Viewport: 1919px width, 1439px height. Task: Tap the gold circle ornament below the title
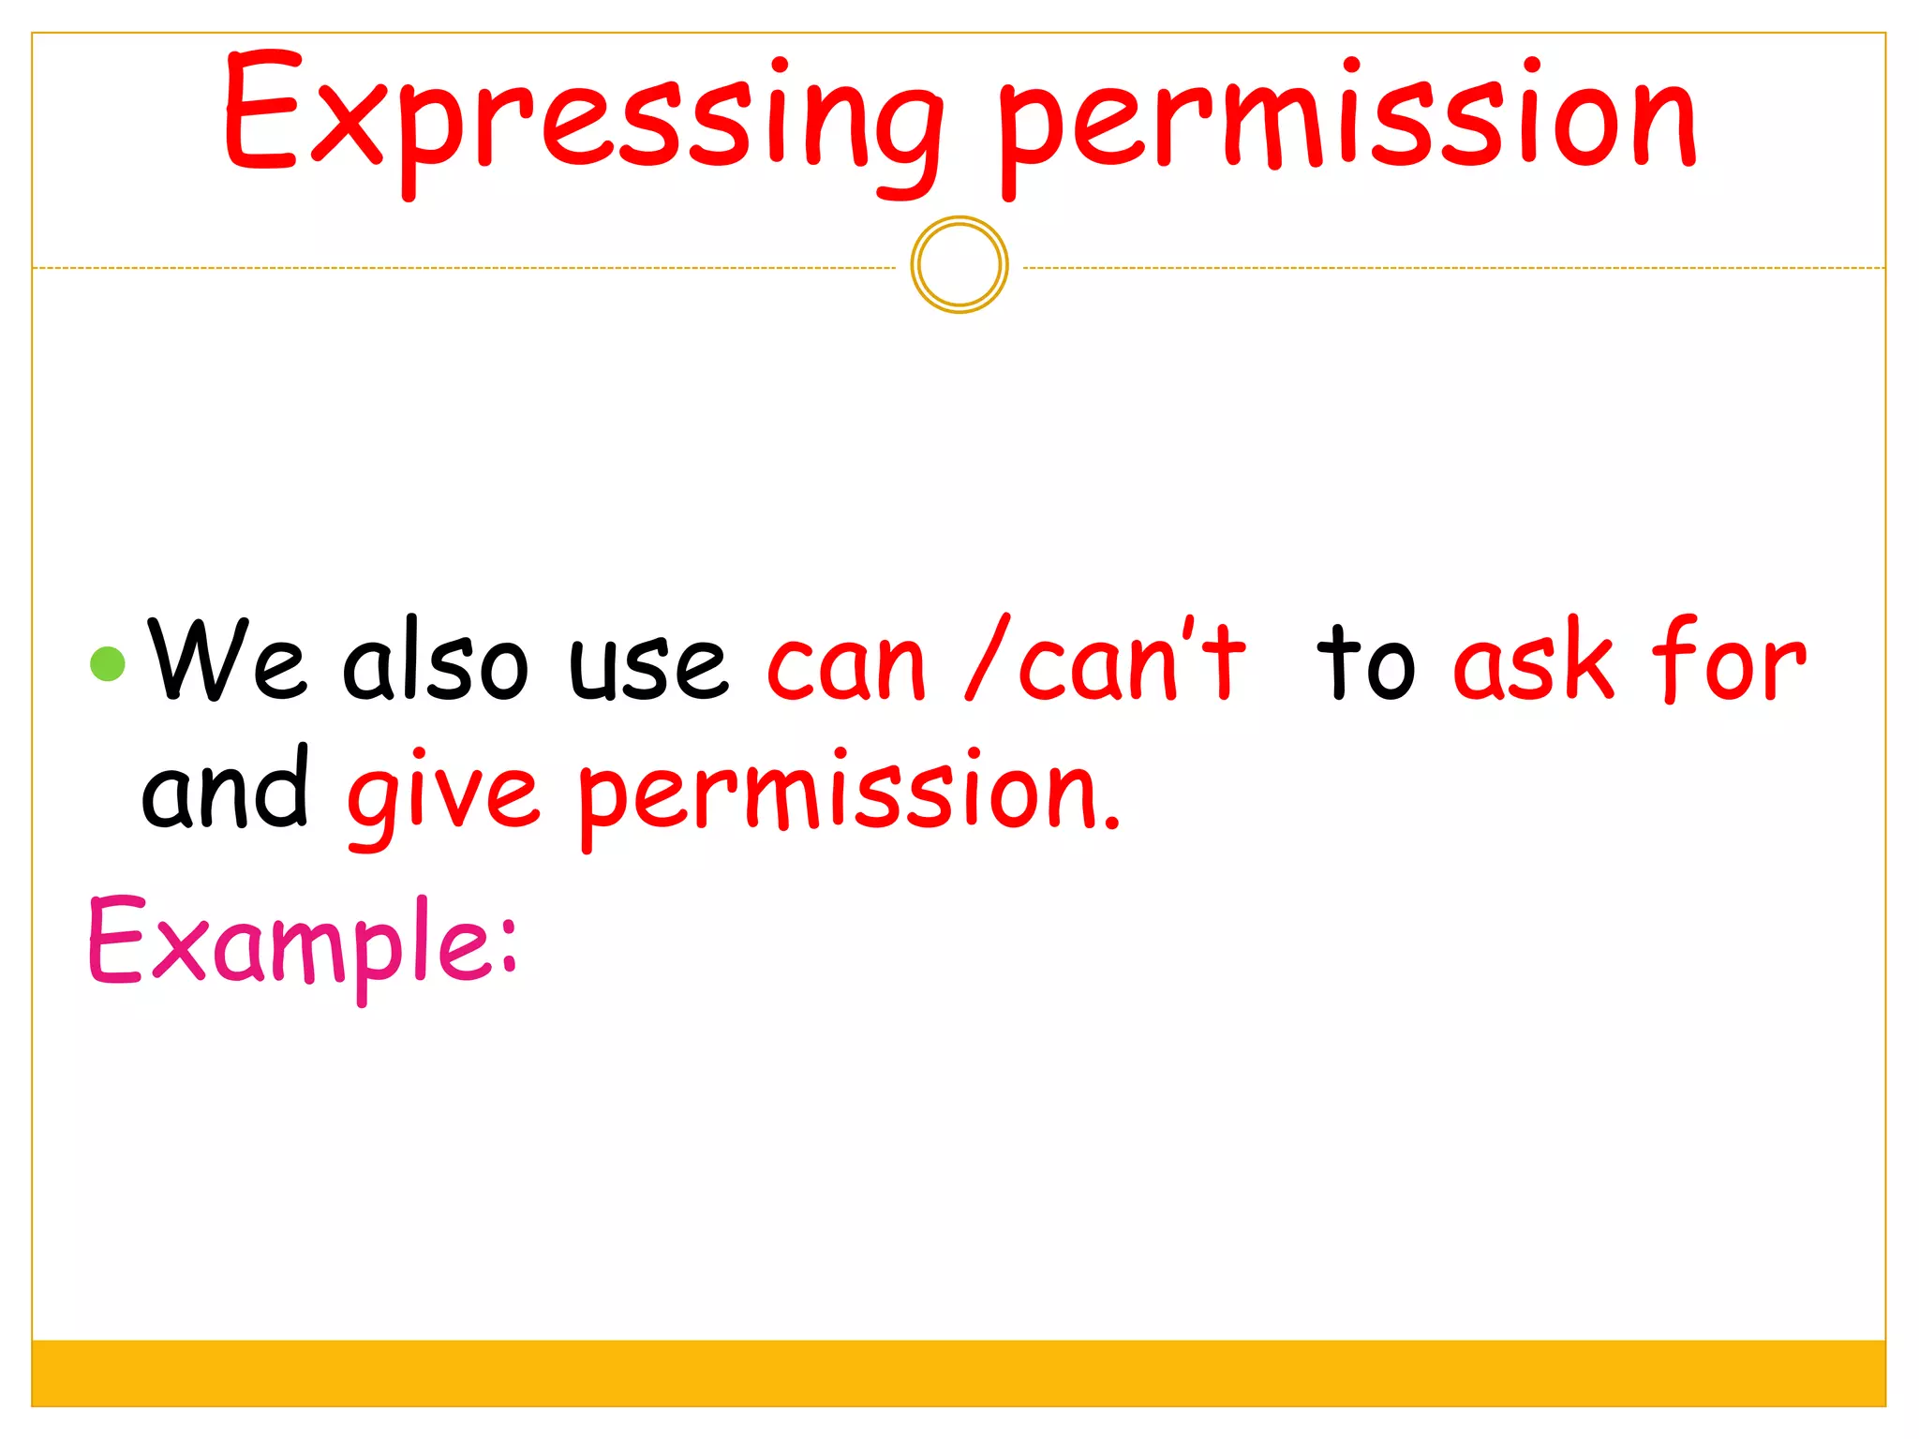(959, 265)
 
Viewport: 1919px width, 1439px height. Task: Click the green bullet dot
(108, 663)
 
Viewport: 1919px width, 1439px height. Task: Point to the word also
(435, 660)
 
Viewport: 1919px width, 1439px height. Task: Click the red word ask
(1533, 660)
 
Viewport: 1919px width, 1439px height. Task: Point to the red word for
(1729, 660)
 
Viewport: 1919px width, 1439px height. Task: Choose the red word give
(442, 796)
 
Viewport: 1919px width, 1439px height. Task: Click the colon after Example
(508, 946)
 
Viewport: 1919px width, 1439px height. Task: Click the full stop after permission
(1111, 824)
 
